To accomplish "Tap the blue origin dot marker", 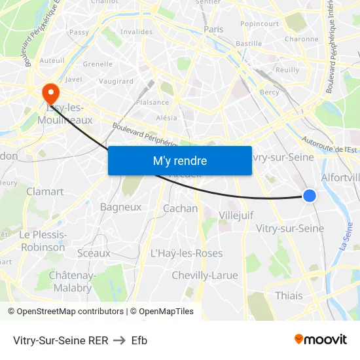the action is [x=310, y=195].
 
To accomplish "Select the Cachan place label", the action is [x=180, y=208].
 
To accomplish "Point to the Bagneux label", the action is [x=120, y=207].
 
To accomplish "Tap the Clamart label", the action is [x=45, y=191].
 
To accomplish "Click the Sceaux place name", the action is [x=94, y=253].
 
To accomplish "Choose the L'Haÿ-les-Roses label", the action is [x=187, y=253].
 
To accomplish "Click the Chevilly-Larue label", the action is [x=205, y=275].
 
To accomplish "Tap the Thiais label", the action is [x=289, y=295].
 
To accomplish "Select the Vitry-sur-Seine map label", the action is [x=290, y=228].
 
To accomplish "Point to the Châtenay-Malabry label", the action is [x=73, y=281].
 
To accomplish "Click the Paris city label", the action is [x=213, y=29].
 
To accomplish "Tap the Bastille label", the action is [x=248, y=43].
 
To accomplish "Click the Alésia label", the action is [x=167, y=118].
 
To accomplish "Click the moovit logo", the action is [x=320, y=339].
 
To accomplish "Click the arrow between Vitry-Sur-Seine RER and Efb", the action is [x=119, y=340].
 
